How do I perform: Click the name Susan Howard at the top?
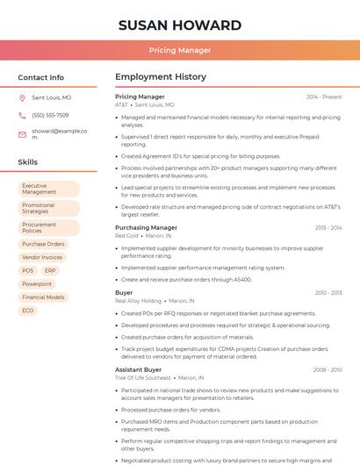[x=180, y=25]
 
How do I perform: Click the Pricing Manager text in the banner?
[x=180, y=50]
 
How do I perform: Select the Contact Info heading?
[x=41, y=77]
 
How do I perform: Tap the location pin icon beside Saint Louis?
[x=22, y=97]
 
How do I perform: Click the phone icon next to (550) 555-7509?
[x=22, y=115]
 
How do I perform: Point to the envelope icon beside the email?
[x=22, y=133]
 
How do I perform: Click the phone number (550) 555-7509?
[x=50, y=115]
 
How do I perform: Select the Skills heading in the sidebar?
[x=28, y=162]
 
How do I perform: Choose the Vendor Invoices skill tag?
[x=42, y=257]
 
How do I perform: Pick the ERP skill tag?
[x=50, y=270]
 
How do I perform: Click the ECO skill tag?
[x=28, y=311]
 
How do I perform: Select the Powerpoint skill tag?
[x=37, y=284]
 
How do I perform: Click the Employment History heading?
[x=160, y=77]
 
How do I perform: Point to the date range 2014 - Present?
[x=324, y=97]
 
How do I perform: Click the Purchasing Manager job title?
[x=146, y=227]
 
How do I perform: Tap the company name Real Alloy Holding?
[x=138, y=300]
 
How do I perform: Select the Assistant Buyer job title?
[x=138, y=369]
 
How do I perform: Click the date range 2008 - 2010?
[x=327, y=369]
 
